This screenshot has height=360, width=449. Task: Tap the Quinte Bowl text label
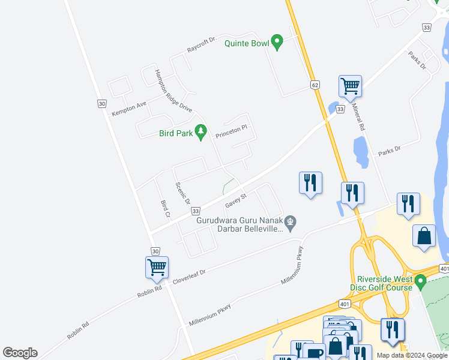coord(246,43)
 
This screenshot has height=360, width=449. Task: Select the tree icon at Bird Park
coord(201,131)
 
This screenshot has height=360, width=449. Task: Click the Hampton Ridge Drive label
coord(173,91)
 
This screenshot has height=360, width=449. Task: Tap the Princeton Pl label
coord(232,131)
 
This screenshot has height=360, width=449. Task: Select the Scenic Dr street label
coord(182,193)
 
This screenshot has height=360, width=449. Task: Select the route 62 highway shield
coord(315,86)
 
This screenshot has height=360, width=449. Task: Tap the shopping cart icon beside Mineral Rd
coord(350,85)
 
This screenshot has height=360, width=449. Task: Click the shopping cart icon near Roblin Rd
coord(157,266)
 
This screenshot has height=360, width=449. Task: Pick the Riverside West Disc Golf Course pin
coord(421,280)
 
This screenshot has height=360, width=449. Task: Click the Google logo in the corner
coord(20,353)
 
